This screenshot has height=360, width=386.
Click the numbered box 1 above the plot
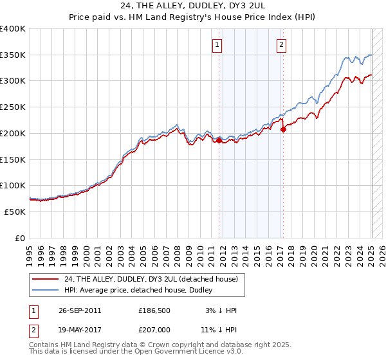[217, 45]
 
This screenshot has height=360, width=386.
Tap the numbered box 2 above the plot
[282, 45]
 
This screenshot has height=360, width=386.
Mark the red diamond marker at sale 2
[283, 129]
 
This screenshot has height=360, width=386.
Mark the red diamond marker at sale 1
[219, 139]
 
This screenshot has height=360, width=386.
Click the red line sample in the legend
[46, 279]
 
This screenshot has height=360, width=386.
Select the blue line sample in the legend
[46, 290]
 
